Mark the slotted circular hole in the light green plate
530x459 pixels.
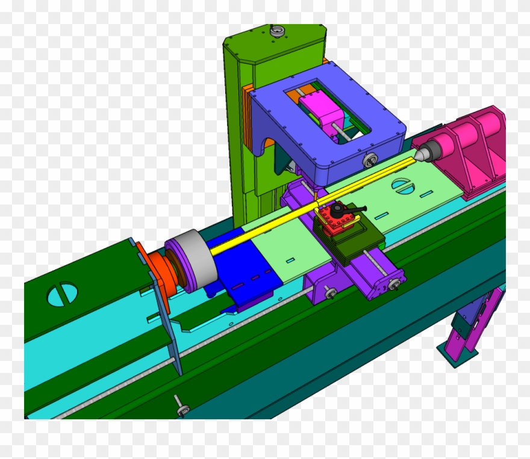[402, 184]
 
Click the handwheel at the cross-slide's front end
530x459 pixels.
[394, 285]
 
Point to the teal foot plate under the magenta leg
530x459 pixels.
[458, 354]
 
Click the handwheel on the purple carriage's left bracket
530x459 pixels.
[331, 293]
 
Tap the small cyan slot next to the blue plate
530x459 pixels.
[290, 260]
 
